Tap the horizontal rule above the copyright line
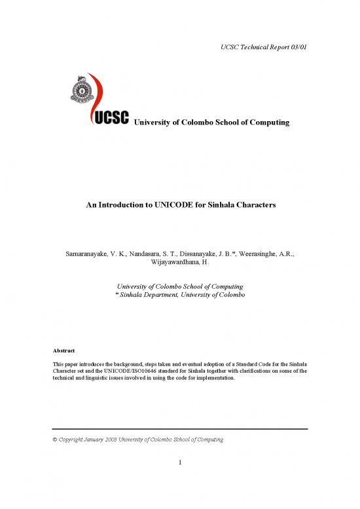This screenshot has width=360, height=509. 179,428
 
